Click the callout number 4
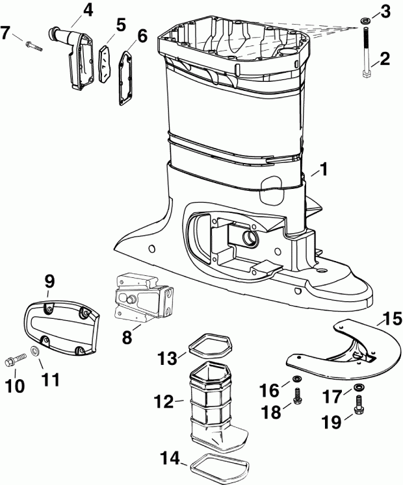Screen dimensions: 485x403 (x=88, y=10)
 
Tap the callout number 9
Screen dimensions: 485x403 (x=49, y=282)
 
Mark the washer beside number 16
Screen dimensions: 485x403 (x=296, y=379)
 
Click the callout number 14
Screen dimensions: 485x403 (x=171, y=458)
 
